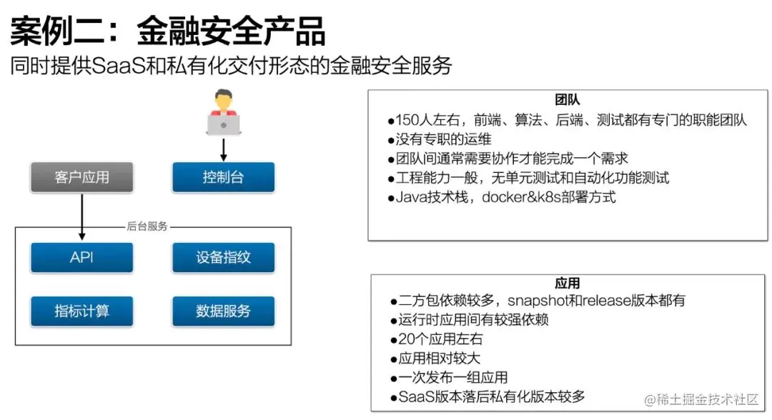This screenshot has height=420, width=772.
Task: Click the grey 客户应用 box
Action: pyautogui.click(x=81, y=177)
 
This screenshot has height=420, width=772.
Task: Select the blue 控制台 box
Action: pyautogui.click(x=223, y=177)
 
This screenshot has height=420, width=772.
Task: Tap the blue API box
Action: pyautogui.click(x=81, y=258)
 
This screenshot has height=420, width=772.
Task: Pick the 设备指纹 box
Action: pyautogui.click(x=223, y=258)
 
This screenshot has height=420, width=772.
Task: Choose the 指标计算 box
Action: pyautogui.click(x=81, y=311)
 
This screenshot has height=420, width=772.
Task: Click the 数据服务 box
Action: pyautogui.click(x=223, y=311)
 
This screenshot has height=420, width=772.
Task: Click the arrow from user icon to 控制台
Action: pyautogui.click(x=224, y=149)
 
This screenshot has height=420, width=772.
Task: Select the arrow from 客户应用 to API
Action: pyautogui.click(x=81, y=217)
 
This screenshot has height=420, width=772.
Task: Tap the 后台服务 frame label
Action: pyautogui.click(x=147, y=226)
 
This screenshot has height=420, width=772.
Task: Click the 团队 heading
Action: pyautogui.click(x=568, y=100)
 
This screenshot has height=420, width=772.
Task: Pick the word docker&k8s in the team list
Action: pyautogui.click(x=522, y=197)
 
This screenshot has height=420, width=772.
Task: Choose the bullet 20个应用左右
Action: pyautogui.click(x=436, y=339)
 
